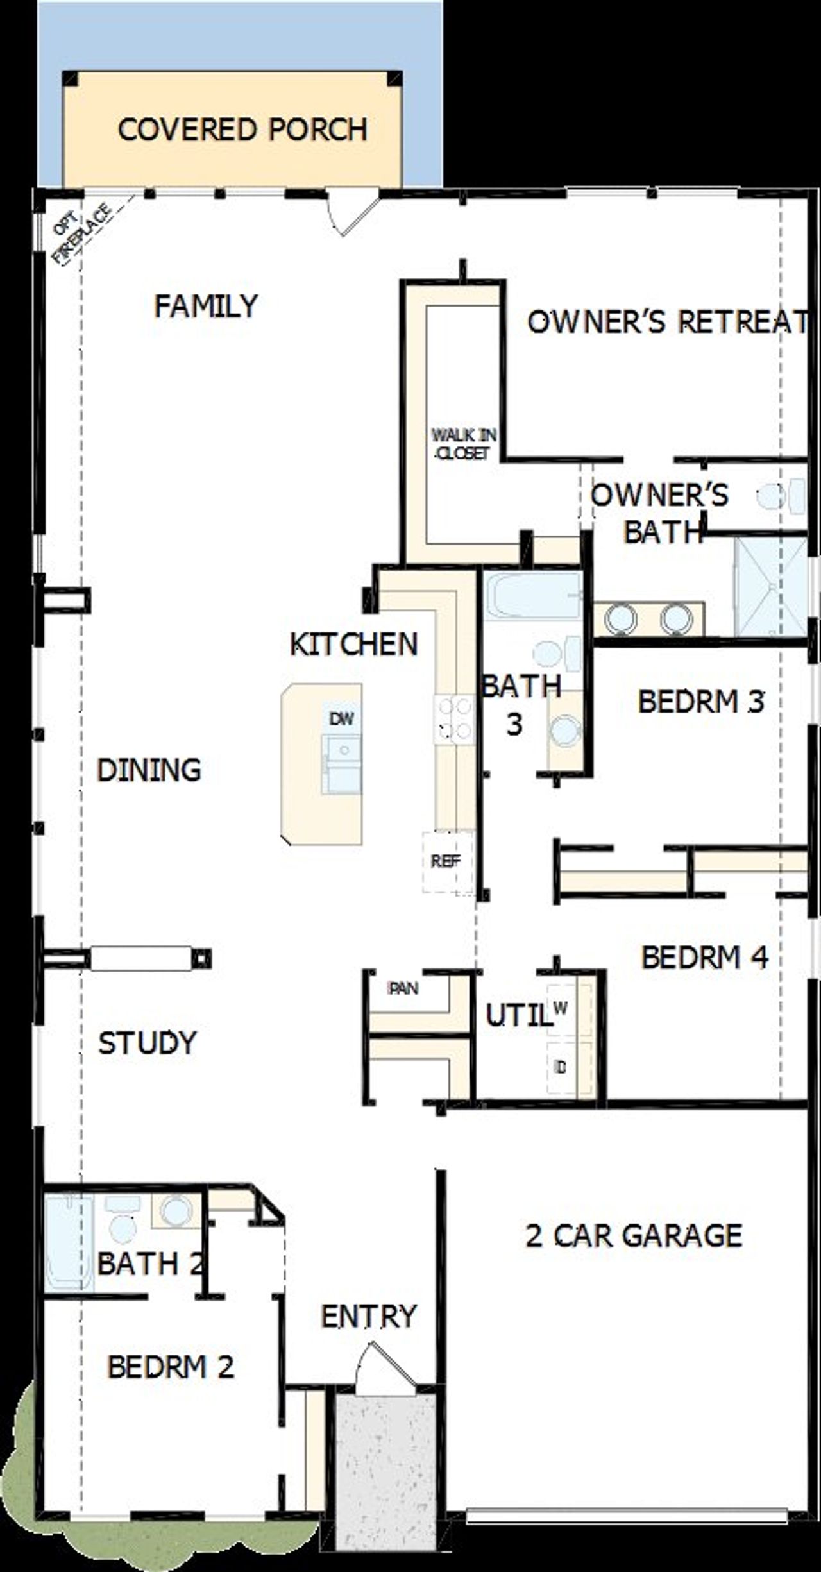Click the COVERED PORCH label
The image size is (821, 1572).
pyautogui.click(x=242, y=130)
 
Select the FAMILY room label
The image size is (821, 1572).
pyautogui.click(x=206, y=306)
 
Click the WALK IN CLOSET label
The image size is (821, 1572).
pyautogui.click(x=463, y=444)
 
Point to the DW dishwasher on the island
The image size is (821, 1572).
pyautogui.click(x=341, y=718)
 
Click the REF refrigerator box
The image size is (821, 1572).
pyautogui.click(x=446, y=861)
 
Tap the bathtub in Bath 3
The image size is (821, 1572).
pyautogui.click(x=532, y=596)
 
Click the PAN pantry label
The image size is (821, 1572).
pyautogui.click(x=404, y=988)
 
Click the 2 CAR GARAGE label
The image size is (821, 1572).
pyautogui.click(x=634, y=1235)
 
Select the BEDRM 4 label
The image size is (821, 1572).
pyautogui.click(x=704, y=958)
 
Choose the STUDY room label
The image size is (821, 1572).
pyautogui.click(x=147, y=1042)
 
